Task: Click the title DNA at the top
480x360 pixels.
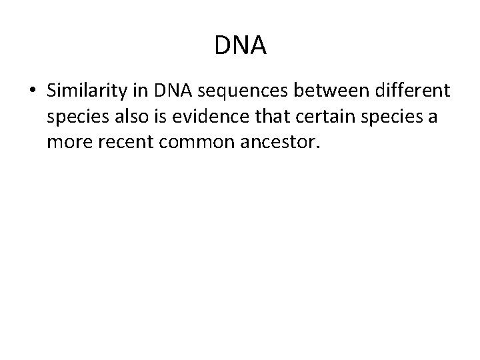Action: coord(241,45)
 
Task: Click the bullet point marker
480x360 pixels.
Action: coord(33,91)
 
